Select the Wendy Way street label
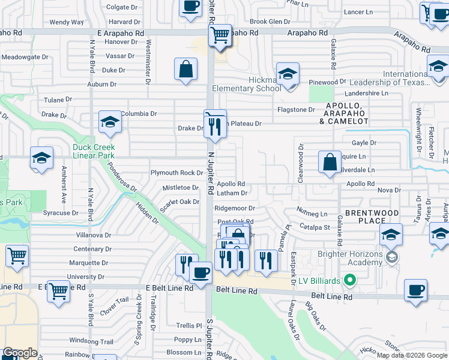67,22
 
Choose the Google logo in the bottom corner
20,353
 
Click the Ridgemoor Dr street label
235,208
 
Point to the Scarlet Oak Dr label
180,202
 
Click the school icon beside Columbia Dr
110,122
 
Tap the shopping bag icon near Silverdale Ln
330,162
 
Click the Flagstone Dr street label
295,110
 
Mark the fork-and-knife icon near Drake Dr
215,126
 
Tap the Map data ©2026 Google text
411,355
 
